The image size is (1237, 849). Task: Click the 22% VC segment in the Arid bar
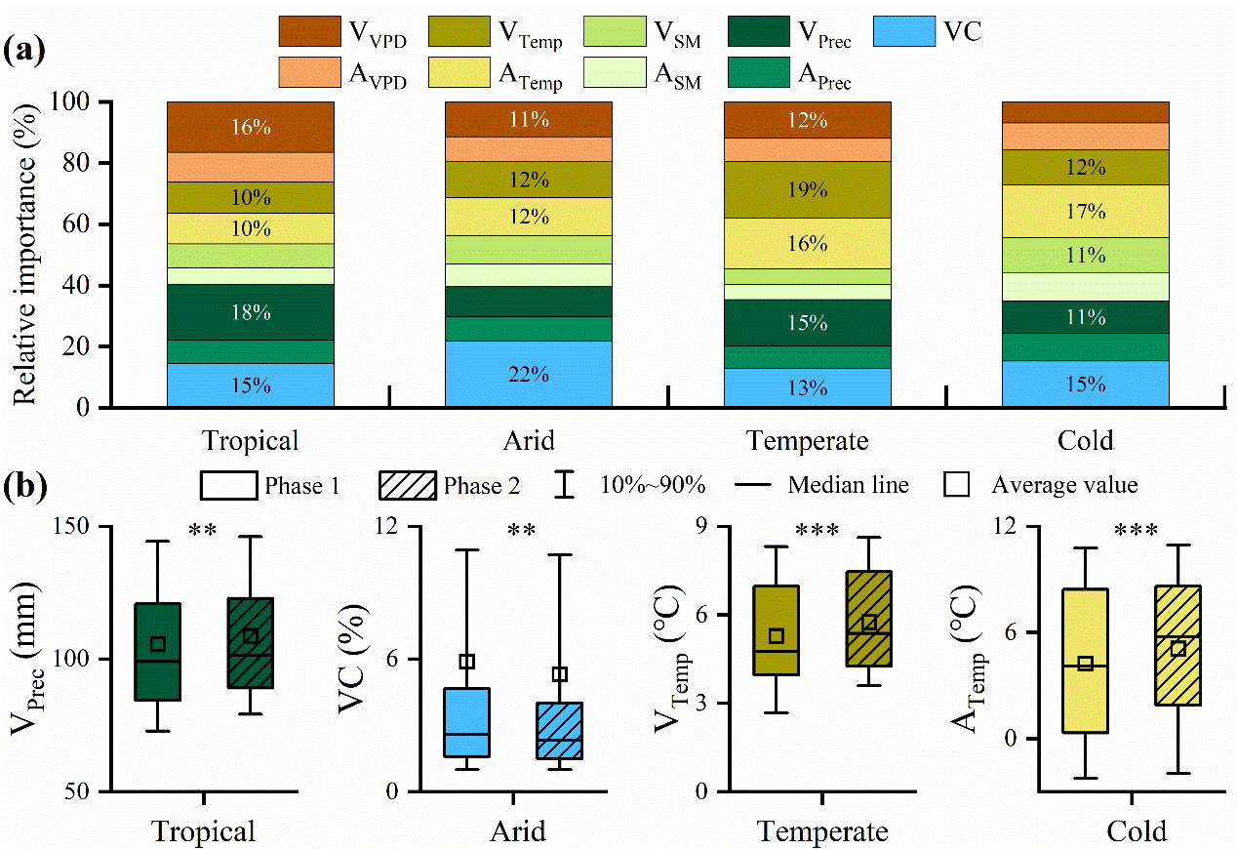[x=529, y=373]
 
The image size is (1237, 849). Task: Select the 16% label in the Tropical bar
[x=251, y=127]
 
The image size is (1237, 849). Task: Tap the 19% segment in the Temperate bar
[x=807, y=189]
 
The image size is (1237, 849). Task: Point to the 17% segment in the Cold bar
[x=1085, y=211]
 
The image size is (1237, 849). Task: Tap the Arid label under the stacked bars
[x=529, y=440]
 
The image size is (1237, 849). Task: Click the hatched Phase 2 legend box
[x=406, y=485]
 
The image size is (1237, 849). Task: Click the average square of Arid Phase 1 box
[x=467, y=662]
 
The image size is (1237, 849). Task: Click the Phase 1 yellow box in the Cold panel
[x=1085, y=661]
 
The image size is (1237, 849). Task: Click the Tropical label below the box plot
[x=204, y=831]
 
